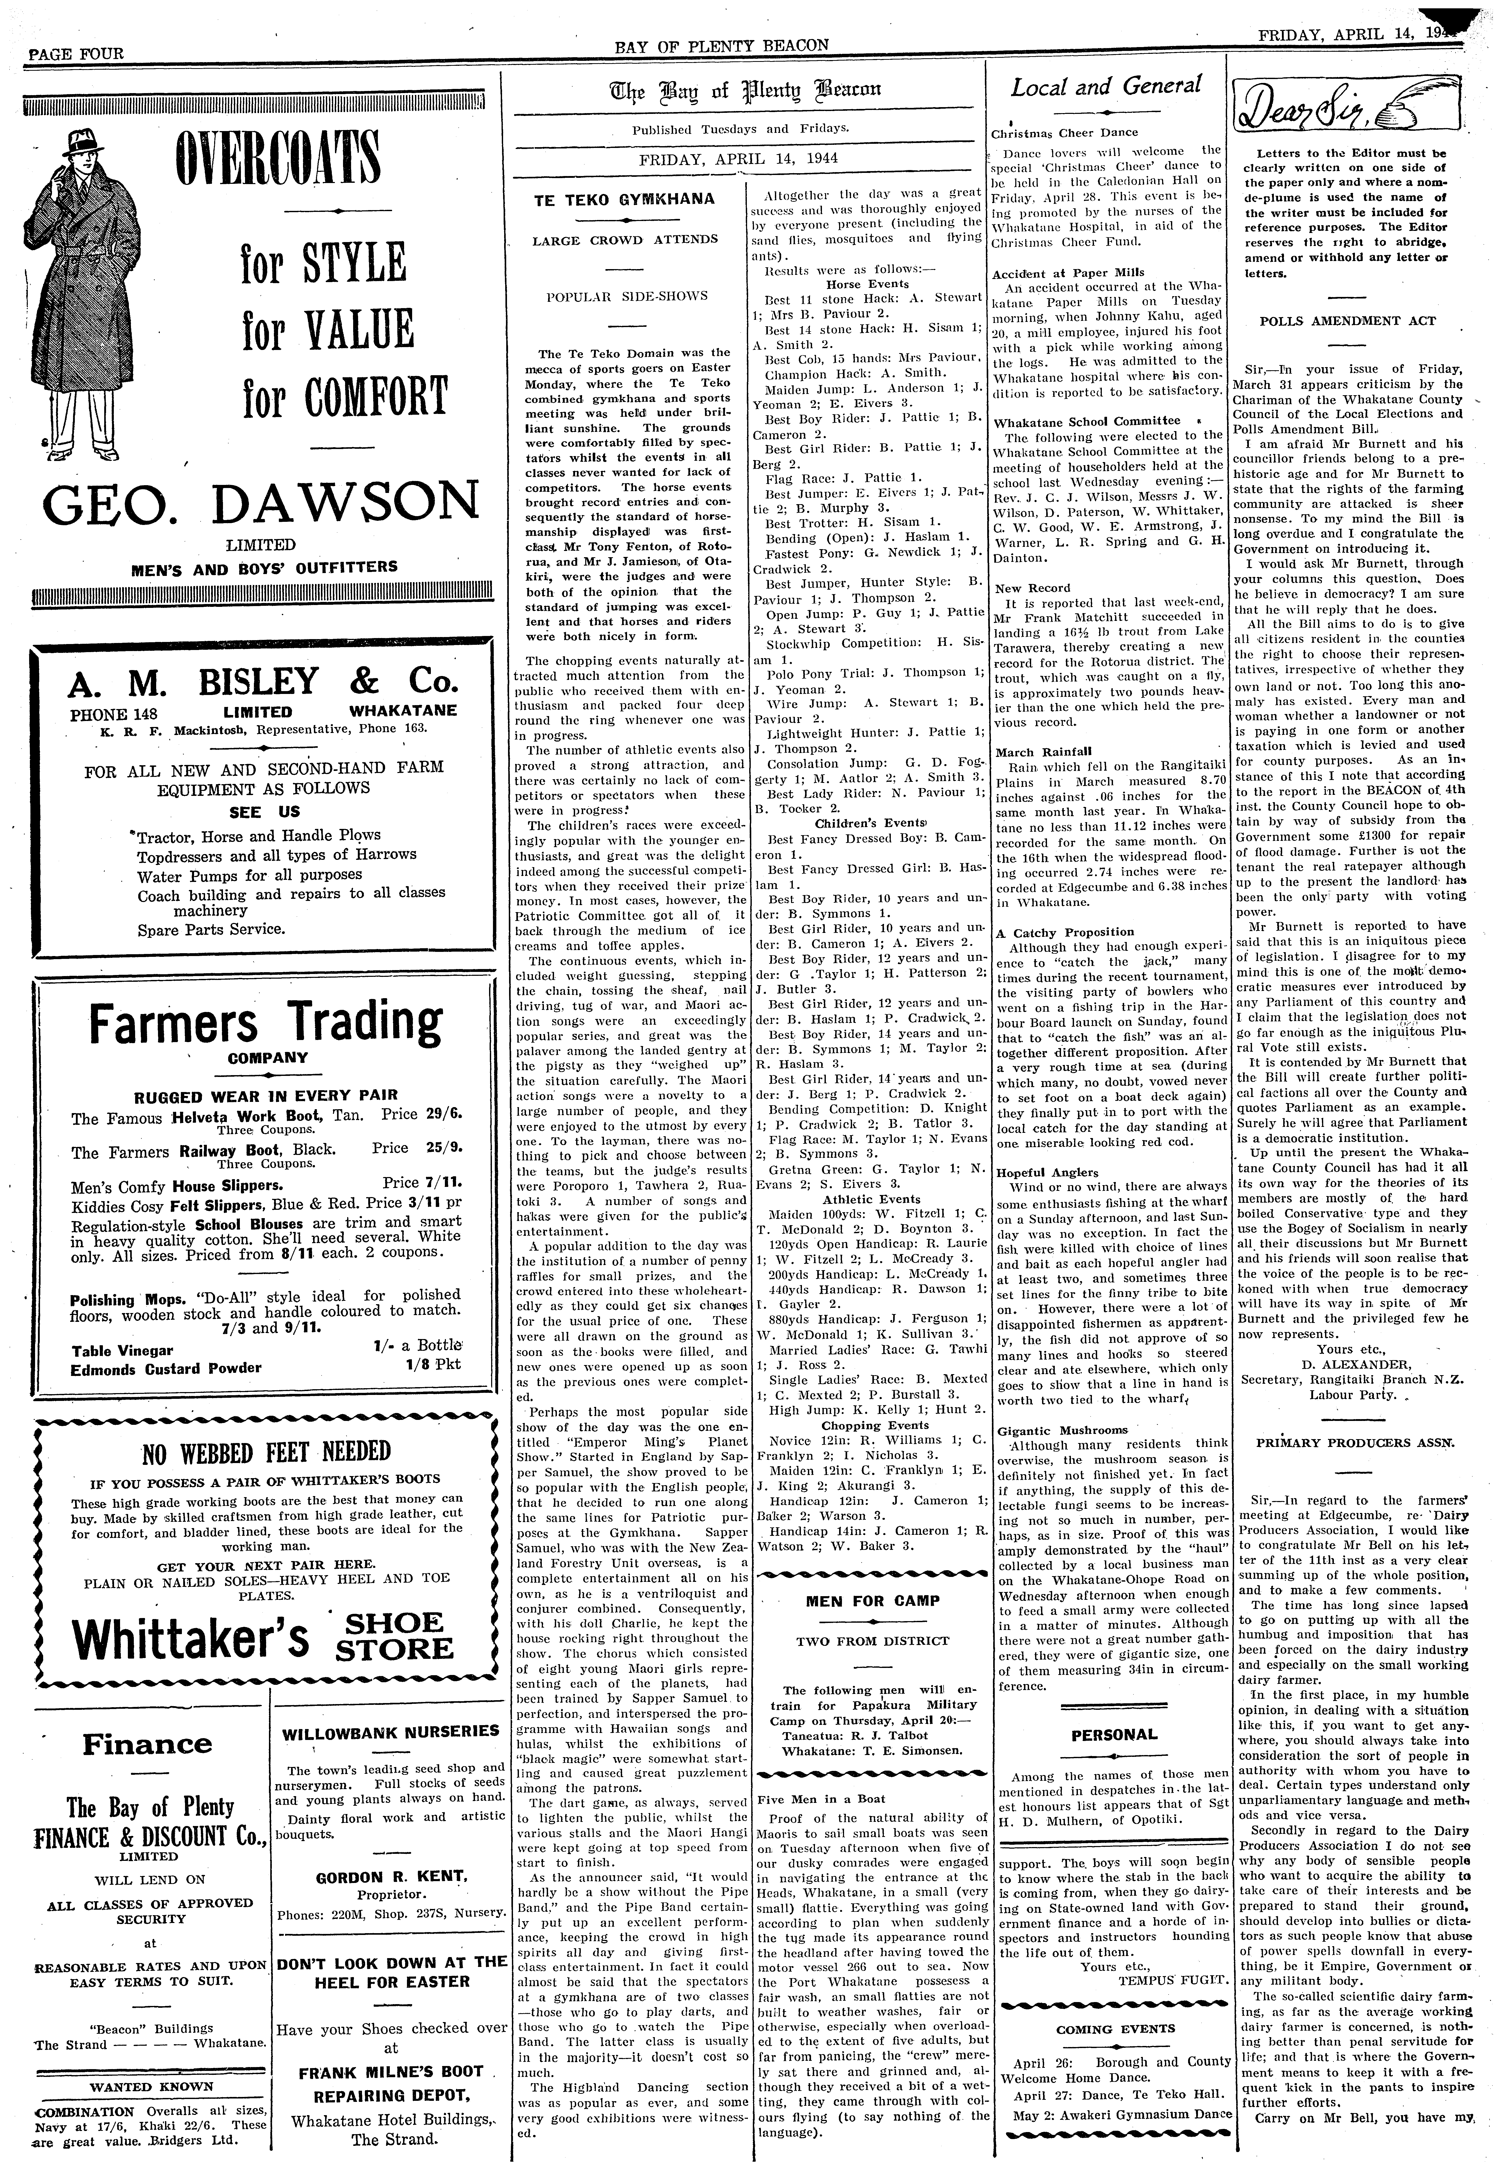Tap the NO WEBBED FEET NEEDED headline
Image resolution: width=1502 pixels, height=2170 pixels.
(x=265, y=1451)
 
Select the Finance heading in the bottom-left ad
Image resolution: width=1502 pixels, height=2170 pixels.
(x=147, y=1744)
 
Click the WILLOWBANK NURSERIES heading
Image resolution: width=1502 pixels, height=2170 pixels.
(x=391, y=1730)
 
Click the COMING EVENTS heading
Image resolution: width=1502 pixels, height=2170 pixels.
(x=1114, y=2022)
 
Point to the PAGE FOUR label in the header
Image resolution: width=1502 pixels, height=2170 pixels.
(x=76, y=54)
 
